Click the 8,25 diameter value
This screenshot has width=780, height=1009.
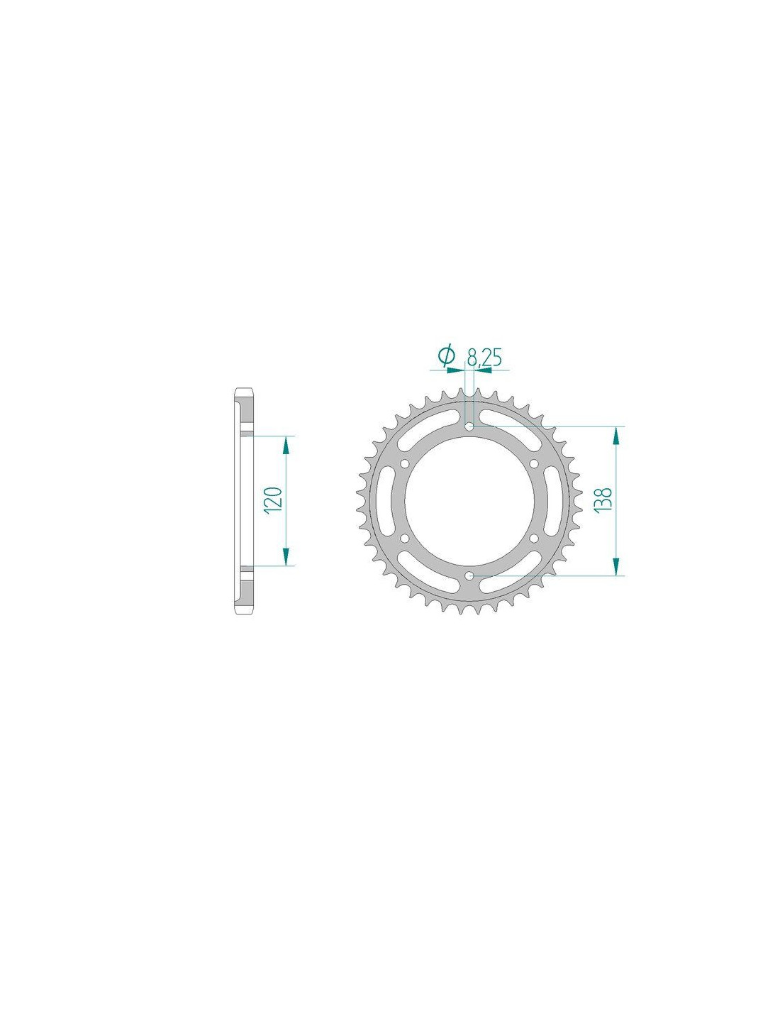(x=485, y=357)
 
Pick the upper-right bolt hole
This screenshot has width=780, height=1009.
(x=535, y=463)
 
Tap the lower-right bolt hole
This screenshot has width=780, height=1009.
(x=535, y=538)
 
